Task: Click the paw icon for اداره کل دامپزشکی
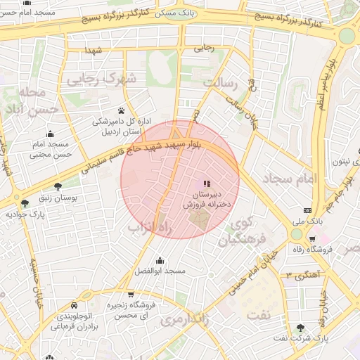[122, 111]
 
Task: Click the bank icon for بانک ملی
[307, 210]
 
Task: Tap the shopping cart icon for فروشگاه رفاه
[312, 239]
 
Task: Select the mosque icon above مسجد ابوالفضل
[160, 261]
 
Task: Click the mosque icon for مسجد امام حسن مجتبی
[50, 135]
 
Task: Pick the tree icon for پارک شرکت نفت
[301, 328]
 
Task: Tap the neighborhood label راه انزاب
[151, 228]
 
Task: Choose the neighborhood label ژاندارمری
[180, 319]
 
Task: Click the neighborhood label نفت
[258, 314]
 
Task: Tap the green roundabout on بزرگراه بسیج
[347, 36]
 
